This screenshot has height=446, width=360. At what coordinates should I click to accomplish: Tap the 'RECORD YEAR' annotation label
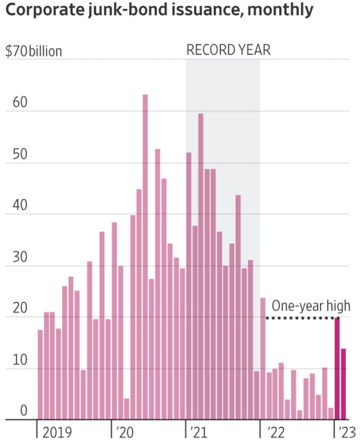click(x=228, y=50)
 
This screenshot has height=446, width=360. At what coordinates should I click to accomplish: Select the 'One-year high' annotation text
click(x=311, y=306)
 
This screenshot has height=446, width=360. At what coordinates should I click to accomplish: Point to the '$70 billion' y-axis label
click(x=33, y=52)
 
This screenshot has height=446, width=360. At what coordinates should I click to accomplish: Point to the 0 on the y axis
click(x=23, y=411)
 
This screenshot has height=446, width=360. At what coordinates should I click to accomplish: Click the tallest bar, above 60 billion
click(x=145, y=257)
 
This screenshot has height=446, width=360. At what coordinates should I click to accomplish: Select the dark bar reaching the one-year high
click(x=337, y=369)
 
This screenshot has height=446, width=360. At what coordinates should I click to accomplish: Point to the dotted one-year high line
click(x=299, y=318)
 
